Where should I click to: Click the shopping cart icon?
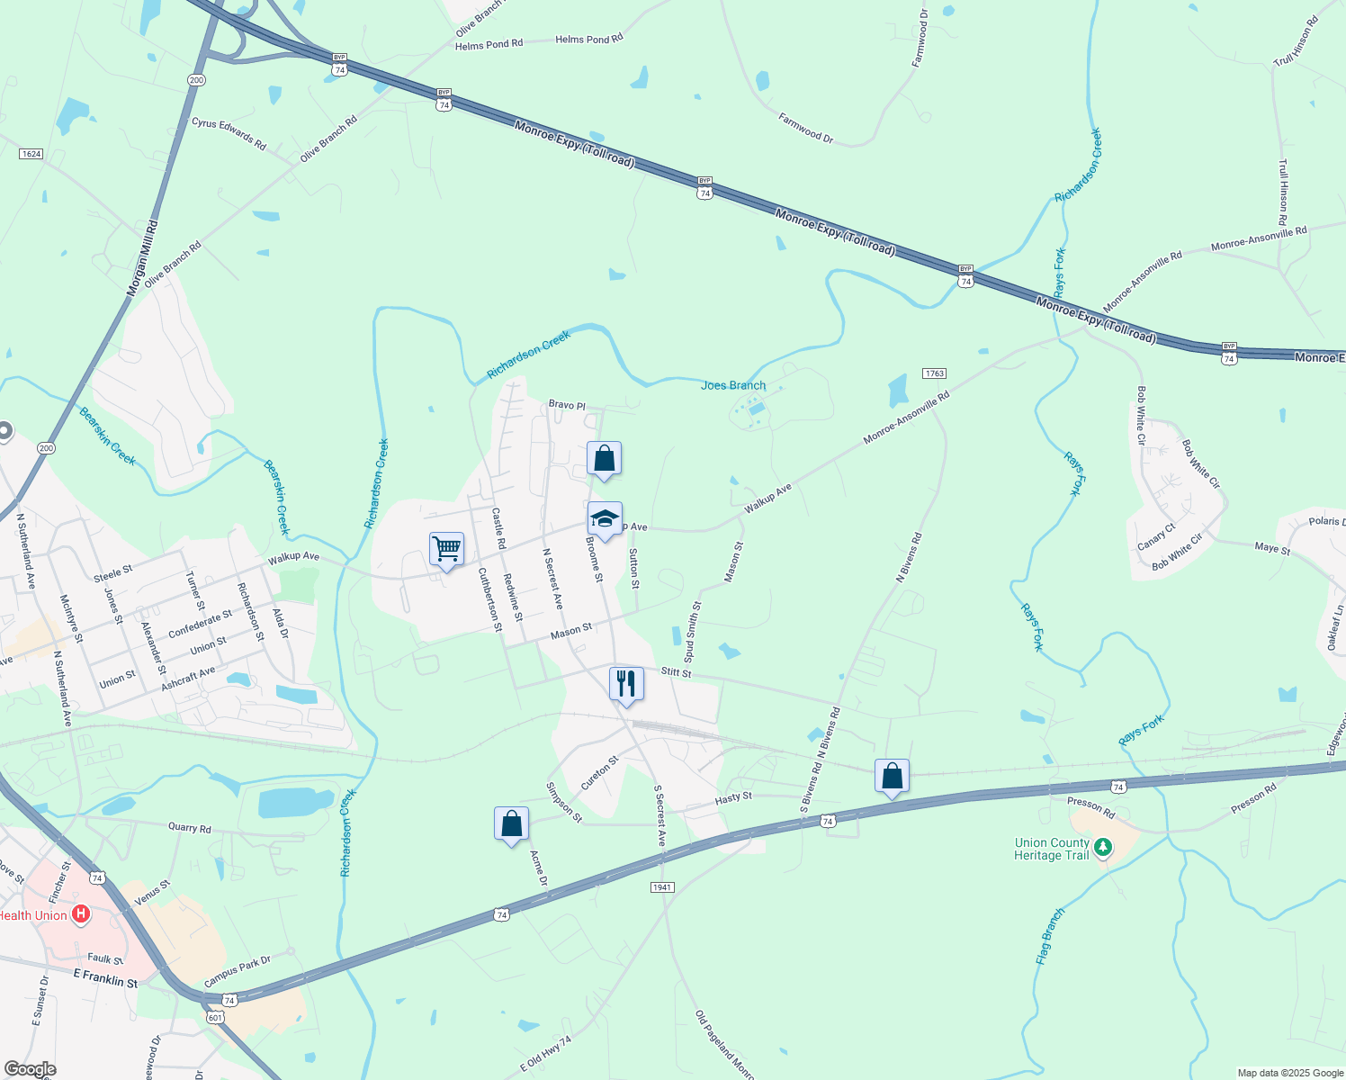point(446,548)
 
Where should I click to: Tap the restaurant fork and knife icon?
point(626,684)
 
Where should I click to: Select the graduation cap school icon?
point(605,519)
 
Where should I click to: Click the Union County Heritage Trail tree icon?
point(1103,847)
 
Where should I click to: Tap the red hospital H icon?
point(81,915)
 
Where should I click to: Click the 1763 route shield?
point(934,373)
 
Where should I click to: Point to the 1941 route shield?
point(662,887)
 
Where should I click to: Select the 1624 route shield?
point(31,154)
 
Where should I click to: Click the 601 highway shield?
point(214,1017)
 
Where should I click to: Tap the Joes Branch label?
point(733,385)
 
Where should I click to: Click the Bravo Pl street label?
point(567,405)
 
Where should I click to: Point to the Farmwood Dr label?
point(806,128)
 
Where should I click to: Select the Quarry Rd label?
point(190,828)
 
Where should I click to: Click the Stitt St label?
point(676,672)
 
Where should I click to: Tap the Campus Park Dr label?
point(237,972)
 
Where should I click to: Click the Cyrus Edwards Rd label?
point(229,133)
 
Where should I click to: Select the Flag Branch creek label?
point(1050,937)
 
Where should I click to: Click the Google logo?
point(30,1069)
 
